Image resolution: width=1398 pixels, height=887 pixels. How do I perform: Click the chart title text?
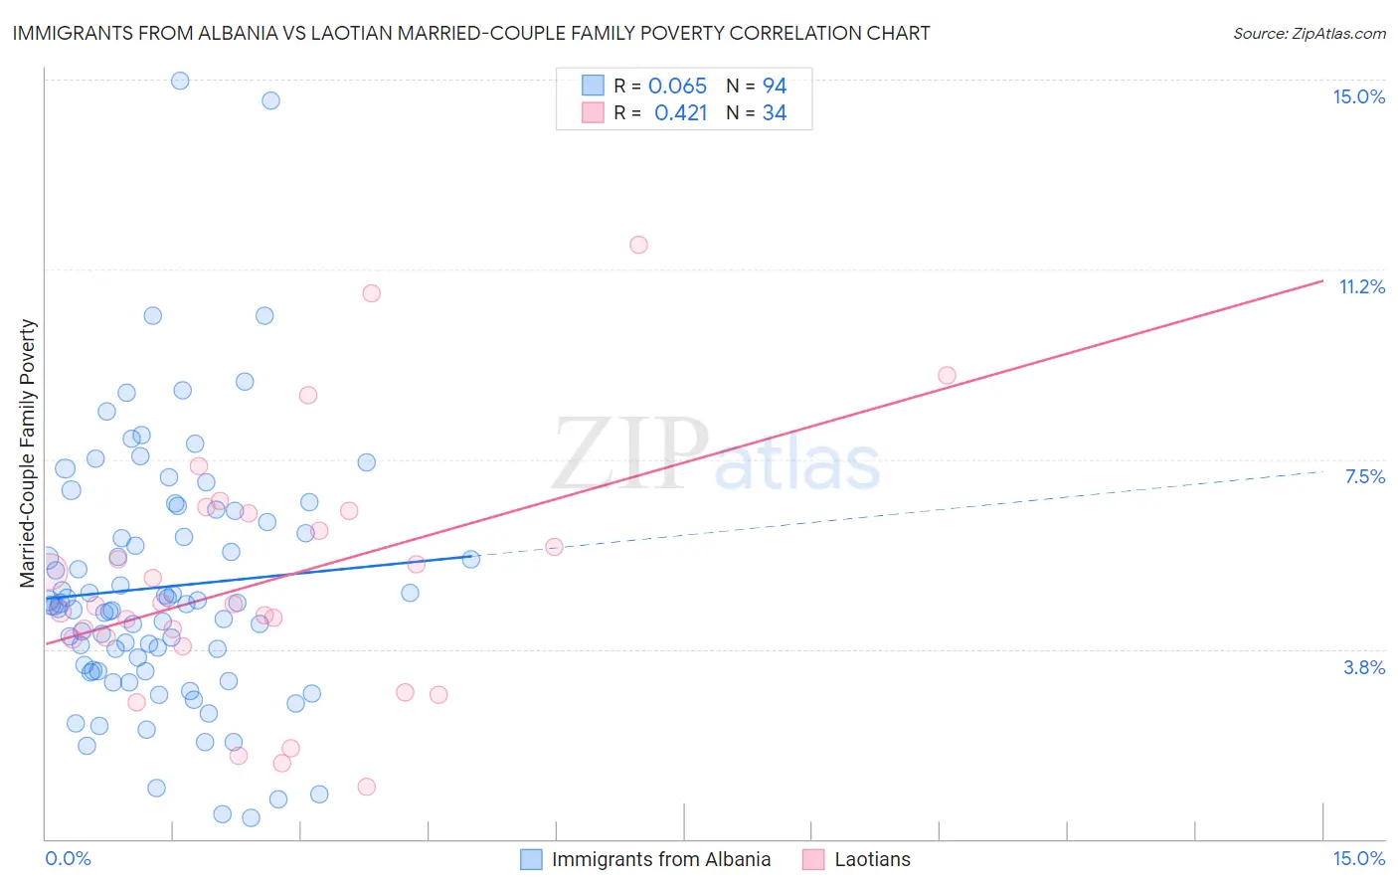click(471, 33)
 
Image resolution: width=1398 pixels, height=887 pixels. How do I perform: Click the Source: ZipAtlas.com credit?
click(1309, 33)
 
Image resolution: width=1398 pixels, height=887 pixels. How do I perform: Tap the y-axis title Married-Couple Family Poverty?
click(28, 452)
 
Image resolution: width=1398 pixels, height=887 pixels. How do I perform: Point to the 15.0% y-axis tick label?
click(1358, 96)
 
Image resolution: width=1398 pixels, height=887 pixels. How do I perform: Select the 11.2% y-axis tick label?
click(1361, 286)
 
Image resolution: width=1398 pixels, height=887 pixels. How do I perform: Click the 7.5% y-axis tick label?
click(1364, 476)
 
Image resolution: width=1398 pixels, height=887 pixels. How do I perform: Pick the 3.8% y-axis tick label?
click(1364, 667)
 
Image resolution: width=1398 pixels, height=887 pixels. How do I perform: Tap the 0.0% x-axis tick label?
click(68, 858)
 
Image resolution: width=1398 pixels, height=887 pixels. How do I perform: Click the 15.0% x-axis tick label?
click(1358, 858)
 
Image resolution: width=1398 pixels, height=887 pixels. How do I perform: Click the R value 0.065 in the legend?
click(677, 87)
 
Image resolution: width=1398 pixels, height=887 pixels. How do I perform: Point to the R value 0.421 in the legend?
click(680, 113)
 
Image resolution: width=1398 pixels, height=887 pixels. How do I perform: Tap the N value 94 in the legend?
click(775, 87)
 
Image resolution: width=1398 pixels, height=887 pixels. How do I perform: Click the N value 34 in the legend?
click(775, 113)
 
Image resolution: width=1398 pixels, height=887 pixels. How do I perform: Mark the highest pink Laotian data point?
click(638, 245)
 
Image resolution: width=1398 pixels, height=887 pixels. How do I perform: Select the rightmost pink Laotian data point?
click(947, 375)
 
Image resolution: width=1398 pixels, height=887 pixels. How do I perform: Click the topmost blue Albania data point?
click(180, 81)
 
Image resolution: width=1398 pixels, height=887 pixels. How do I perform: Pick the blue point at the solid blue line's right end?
click(471, 559)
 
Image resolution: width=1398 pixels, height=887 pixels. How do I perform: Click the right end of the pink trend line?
click(1322, 281)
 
